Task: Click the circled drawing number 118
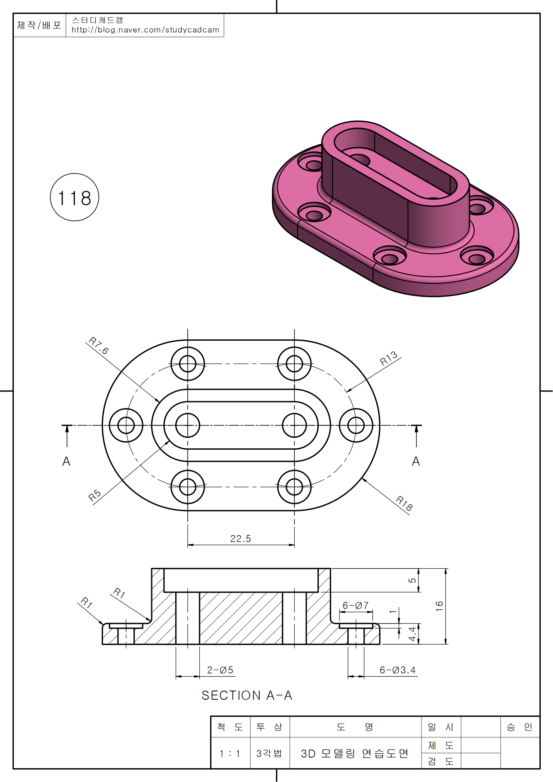tap(74, 197)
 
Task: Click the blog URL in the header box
tap(145, 30)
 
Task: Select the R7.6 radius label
tap(98, 345)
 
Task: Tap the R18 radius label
tap(404, 503)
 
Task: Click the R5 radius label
tap(95, 495)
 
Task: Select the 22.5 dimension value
tap(241, 539)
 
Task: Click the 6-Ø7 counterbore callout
tap(356, 605)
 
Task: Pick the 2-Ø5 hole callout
tap(220, 670)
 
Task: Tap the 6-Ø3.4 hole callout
tap(398, 670)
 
